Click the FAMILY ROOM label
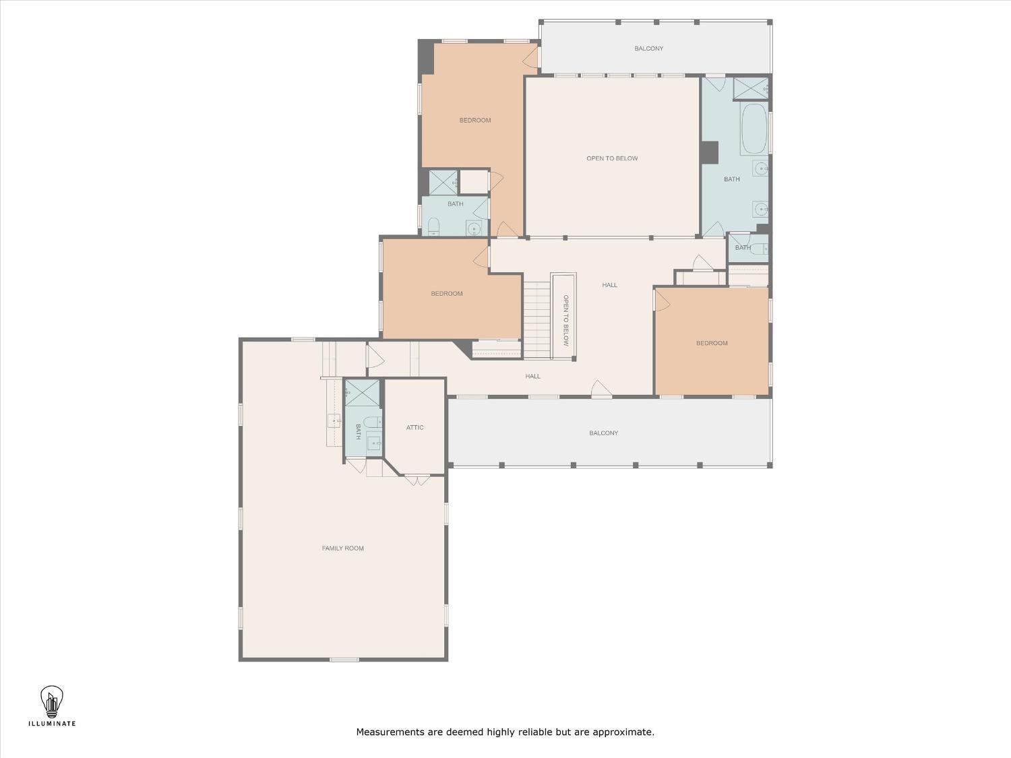[342, 548]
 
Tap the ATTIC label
[415, 428]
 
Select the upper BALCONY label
[648, 49]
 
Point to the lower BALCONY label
[603, 433]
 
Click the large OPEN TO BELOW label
[612, 158]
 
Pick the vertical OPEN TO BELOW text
[566, 321]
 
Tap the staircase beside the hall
[537, 320]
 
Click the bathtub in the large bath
[754, 129]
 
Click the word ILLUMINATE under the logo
[52, 724]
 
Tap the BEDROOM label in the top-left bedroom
[475, 121]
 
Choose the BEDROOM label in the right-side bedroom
[712, 343]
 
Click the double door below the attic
[417, 480]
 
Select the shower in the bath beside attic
[363, 393]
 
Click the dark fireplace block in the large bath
[709, 152]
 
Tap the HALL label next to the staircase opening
[609, 285]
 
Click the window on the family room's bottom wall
[344, 660]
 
